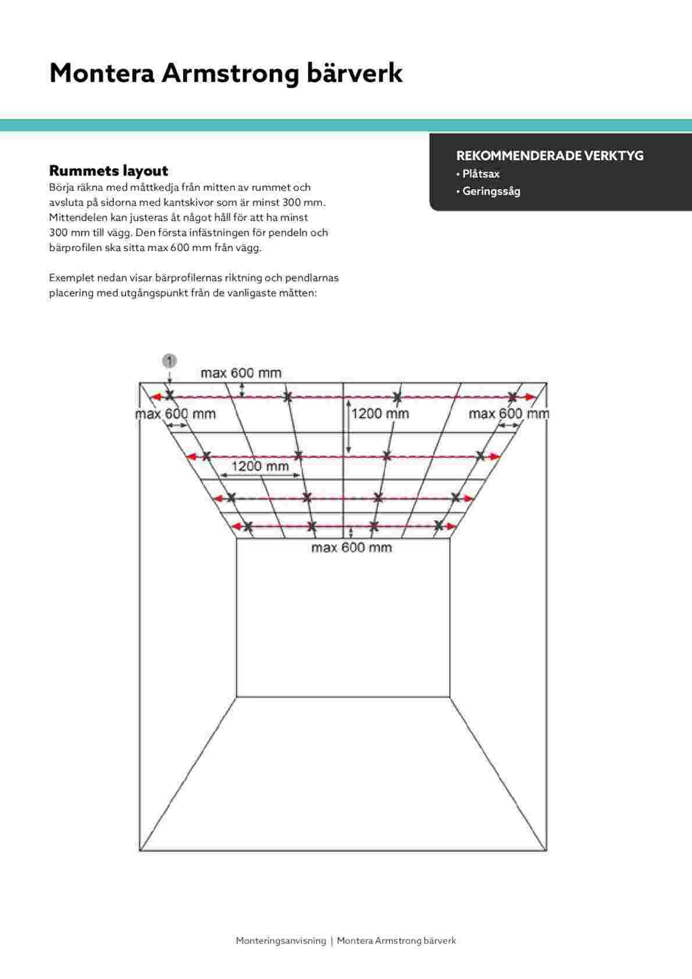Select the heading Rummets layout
[x=108, y=171]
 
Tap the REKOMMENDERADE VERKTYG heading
[x=550, y=156]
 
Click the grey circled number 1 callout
[x=169, y=361]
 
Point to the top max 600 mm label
[x=241, y=373]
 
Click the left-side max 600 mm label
[x=175, y=414]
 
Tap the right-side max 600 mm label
[x=508, y=413]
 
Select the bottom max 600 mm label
[x=351, y=547]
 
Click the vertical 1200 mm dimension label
[x=380, y=413]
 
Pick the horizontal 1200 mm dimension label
[x=260, y=466]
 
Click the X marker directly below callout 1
[x=169, y=395]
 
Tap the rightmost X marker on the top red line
[x=512, y=397]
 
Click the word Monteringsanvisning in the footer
[x=281, y=940]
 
